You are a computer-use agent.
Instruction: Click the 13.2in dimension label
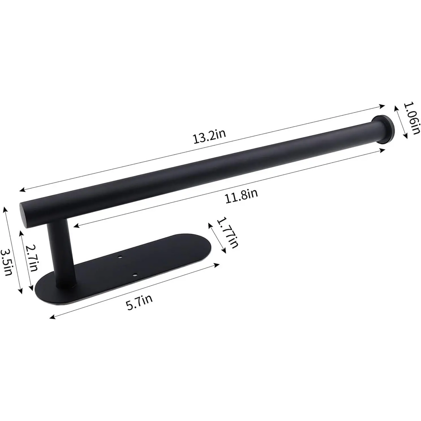pos(209,137)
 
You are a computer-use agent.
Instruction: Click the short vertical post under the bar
pos(60,253)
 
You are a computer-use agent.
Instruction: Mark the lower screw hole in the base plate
pos(134,275)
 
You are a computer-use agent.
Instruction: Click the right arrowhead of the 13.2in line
pos(383,106)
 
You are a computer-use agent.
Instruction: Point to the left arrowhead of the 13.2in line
pos(22,190)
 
